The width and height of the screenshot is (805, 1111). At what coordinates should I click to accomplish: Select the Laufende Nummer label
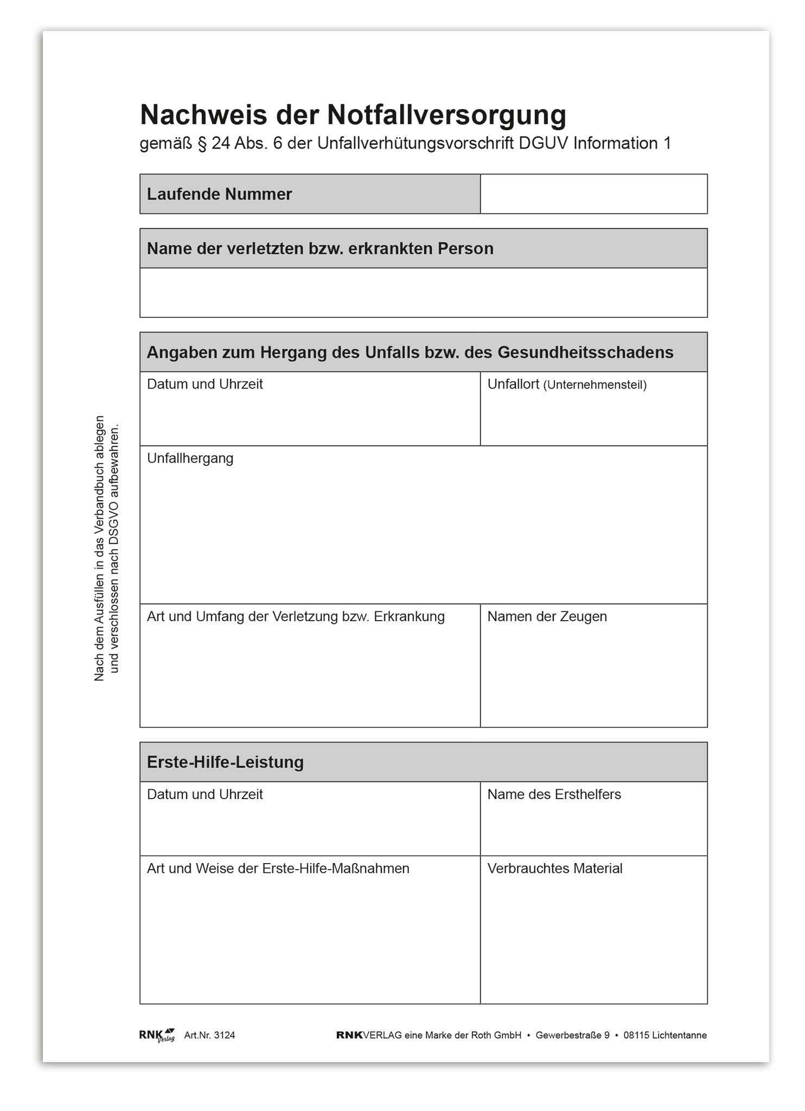[x=219, y=194]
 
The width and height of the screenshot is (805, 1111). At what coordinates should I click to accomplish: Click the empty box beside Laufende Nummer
[x=593, y=194]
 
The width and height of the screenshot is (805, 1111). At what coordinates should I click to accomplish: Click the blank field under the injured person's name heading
[x=423, y=292]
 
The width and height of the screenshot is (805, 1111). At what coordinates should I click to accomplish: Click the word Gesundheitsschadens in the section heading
[x=585, y=353]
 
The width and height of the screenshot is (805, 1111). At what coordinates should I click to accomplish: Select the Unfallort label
[x=513, y=384]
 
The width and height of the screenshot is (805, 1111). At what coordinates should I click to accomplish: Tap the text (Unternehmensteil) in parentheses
[x=595, y=385]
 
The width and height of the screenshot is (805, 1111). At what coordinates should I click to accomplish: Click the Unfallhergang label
[x=190, y=458]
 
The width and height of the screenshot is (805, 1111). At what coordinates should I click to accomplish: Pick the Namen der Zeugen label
[x=547, y=617]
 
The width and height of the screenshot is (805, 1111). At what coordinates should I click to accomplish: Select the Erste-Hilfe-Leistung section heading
[x=225, y=762]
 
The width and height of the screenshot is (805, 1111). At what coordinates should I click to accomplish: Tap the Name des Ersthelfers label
[x=554, y=795]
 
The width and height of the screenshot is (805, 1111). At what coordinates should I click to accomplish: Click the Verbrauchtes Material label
[x=554, y=869]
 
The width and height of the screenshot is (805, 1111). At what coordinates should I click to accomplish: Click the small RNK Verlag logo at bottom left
[x=157, y=1035]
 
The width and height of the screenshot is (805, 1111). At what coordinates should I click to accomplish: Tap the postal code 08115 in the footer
[x=636, y=1035]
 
